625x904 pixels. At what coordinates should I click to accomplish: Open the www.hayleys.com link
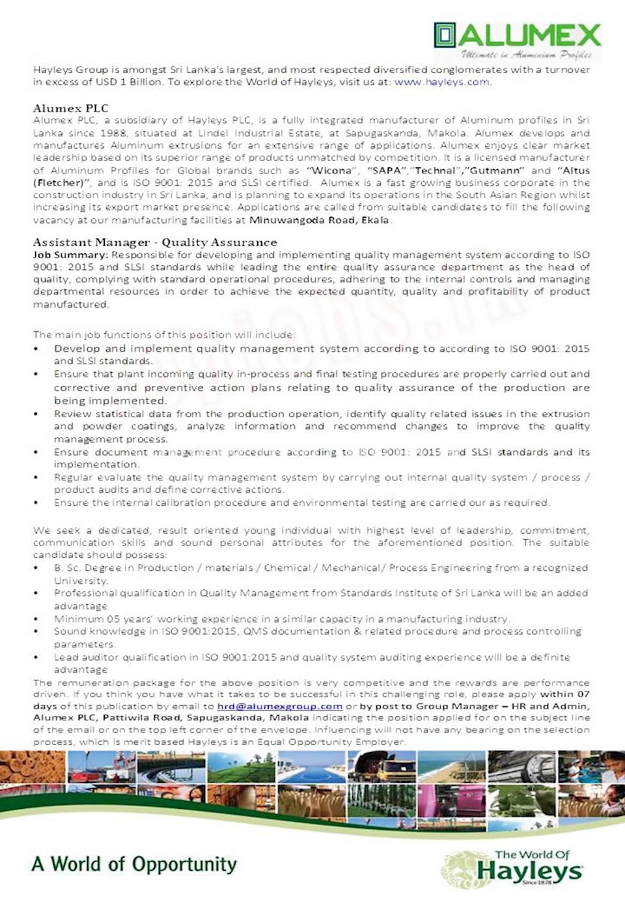(x=442, y=82)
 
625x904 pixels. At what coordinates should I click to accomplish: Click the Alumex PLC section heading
(x=71, y=108)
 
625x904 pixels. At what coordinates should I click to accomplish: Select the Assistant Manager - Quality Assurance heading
(x=155, y=242)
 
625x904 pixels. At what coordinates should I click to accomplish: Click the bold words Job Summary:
(x=70, y=255)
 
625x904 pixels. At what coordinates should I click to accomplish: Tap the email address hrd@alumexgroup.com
(x=279, y=706)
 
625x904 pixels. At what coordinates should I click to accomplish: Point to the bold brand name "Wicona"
(x=332, y=170)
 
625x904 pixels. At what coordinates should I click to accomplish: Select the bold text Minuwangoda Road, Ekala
(x=319, y=220)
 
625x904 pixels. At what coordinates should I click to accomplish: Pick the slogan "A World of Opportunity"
(x=134, y=864)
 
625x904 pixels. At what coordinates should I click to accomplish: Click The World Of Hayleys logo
(x=514, y=868)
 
